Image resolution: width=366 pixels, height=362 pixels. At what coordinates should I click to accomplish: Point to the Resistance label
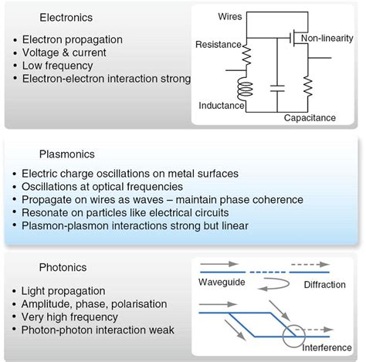click(x=219, y=46)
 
